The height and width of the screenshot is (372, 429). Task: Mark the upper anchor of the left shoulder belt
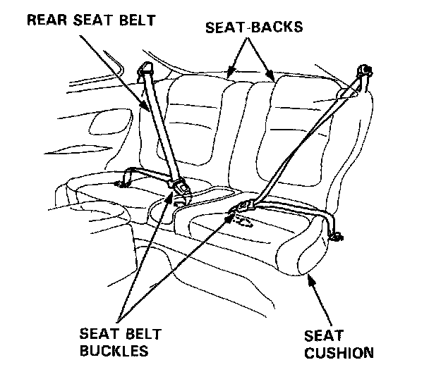coord(148,69)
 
